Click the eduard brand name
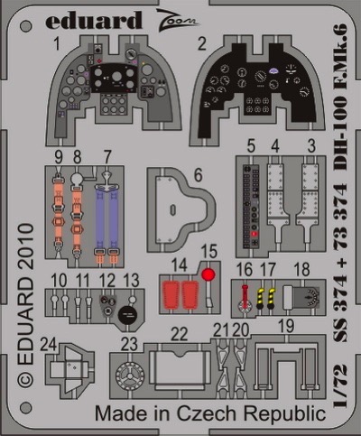tap(94, 21)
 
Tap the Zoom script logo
tap(177, 19)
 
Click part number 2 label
tap(202, 44)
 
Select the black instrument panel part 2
tap(255, 86)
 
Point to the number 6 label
tap(199, 175)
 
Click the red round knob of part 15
tap(208, 274)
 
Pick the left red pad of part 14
tap(171, 294)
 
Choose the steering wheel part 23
tap(130, 376)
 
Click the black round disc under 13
tap(127, 315)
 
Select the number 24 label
tap(49, 345)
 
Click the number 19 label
tap(286, 326)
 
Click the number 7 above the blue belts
tap(106, 157)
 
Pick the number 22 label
tap(180, 334)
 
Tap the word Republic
tap(284, 414)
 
